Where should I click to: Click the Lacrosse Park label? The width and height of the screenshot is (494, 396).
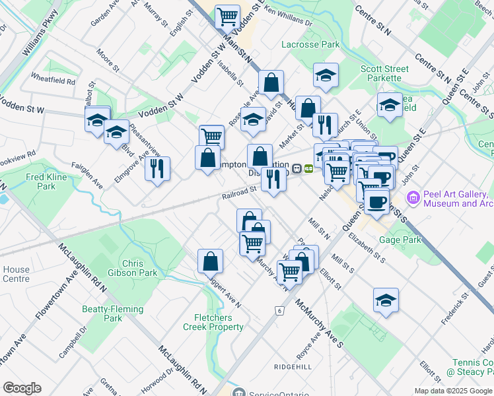[310, 45]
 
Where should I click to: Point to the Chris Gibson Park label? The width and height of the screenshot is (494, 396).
[139, 268]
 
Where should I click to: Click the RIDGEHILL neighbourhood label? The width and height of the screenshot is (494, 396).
[292, 365]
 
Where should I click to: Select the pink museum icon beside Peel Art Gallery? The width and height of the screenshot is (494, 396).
[413, 197]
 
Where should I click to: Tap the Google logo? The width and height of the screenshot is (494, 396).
[22, 388]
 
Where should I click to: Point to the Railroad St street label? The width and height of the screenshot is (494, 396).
[238, 192]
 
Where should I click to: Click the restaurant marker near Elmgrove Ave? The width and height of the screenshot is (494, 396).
[157, 169]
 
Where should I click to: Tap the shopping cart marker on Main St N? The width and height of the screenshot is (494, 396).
[228, 16]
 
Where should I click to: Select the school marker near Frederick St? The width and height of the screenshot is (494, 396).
[386, 300]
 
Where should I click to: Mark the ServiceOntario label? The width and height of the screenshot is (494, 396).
[277, 394]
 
